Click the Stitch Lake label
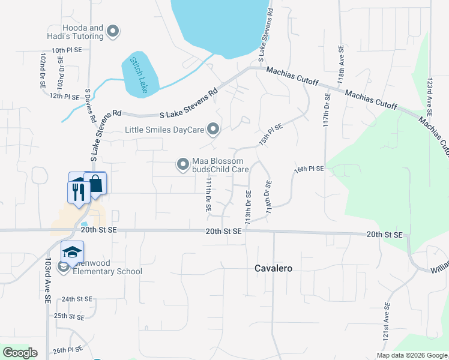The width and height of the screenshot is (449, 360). pos(139,76)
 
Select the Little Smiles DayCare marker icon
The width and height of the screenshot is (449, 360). pos(212,129)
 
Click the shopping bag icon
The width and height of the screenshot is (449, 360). pos(95,184)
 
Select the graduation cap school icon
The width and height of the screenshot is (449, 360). pos(72,251)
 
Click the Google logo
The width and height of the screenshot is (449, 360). pos(20,353)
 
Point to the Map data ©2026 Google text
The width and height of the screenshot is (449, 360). pos(411,355)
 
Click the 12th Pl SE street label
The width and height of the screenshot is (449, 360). pos(64,96)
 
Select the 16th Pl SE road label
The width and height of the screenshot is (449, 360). pos(309,169)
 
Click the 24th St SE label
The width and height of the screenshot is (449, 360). pos(77,299)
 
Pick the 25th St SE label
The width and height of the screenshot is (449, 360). pos(69,316)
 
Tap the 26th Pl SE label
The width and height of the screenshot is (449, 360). pos(67,349)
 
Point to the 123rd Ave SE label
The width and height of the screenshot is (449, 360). pos(429,96)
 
